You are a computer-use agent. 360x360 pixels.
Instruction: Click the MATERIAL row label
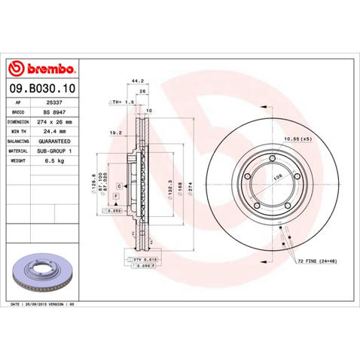point(18,151)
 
